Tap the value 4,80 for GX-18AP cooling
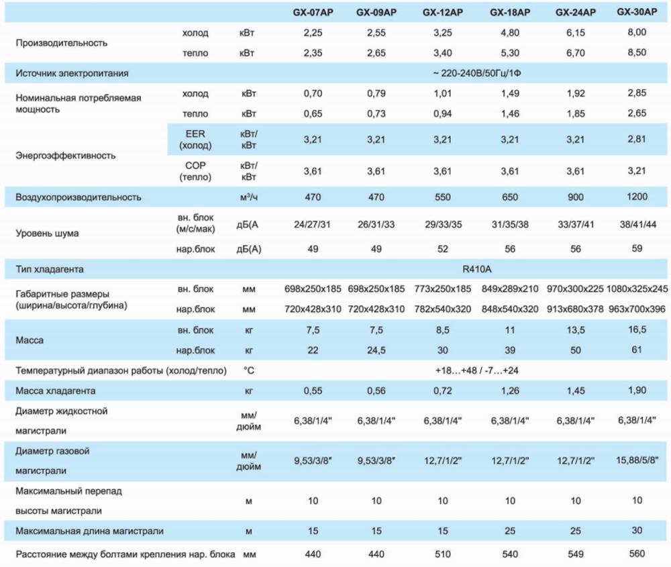(x=510, y=32)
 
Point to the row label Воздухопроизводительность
(x=79, y=197)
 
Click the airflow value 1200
(x=638, y=197)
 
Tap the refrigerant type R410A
(x=477, y=269)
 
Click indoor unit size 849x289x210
(x=510, y=289)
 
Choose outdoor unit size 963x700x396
(x=638, y=309)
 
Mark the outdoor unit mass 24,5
(x=376, y=350)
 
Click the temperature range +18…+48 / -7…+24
(x=477, y=370)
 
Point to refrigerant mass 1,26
(x=510, y=391)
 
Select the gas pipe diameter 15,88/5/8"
(x=637, y=460)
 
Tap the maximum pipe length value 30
(x=638, y=531)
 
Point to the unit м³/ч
(x=248, y=197)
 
